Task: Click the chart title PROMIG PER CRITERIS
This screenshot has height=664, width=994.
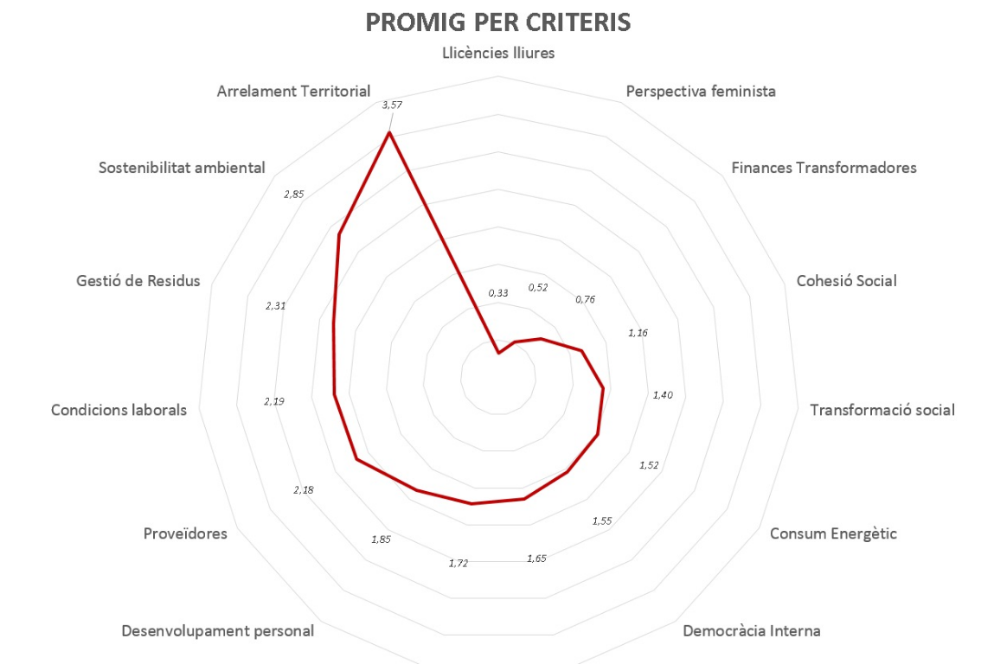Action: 497,22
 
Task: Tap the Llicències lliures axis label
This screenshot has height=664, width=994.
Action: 497,53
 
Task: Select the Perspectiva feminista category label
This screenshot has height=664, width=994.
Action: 701,91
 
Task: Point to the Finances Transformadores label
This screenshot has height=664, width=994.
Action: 824,168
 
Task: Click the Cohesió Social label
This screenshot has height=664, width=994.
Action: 846,281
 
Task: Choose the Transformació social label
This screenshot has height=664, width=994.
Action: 882,410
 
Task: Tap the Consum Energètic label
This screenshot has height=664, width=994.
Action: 833,533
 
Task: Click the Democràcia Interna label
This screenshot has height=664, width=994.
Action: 751,630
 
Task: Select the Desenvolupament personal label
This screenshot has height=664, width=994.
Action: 218,630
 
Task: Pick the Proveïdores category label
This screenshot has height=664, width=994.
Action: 185,533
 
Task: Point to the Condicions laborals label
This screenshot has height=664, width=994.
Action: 119,410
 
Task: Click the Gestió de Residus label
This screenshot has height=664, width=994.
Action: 138,281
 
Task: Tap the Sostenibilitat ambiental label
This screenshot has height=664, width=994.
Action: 182,168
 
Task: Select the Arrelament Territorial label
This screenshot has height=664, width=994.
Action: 293,91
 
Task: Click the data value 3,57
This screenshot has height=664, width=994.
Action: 392,105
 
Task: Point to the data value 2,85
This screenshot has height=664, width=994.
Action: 293,194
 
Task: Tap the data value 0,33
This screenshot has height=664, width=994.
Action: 497,293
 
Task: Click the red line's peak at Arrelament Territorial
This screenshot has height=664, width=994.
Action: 389,133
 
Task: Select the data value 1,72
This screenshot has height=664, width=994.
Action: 458,564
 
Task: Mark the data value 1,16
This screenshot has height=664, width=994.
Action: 638,333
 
